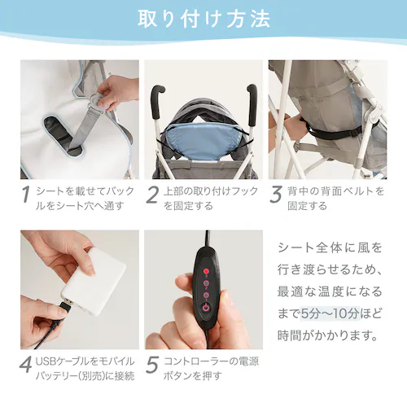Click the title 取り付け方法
[x=203, y=20]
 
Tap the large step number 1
[x=26, y=195]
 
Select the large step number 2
[x=152, y=195]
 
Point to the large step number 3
[x=276, y=195]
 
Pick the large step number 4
[x=26, y=365]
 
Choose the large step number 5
[x=152, y=365]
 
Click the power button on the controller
[x=206, y=308]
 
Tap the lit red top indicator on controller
[x=206, y=271]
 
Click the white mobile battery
[x=94, y=282]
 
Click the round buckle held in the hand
[x=98, y=101]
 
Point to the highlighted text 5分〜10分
[x=330, y=313]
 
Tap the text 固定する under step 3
[x=307, y=206]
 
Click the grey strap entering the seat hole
[x=84, y=128]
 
